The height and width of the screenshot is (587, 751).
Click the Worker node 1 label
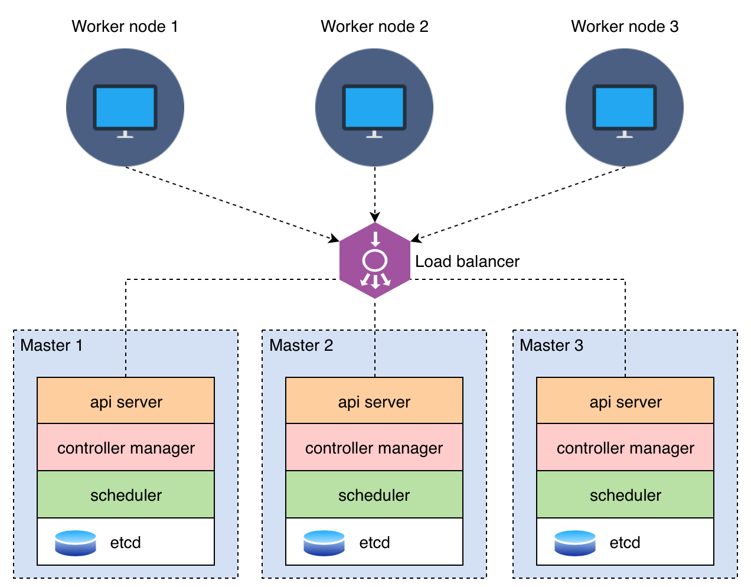point(125,27)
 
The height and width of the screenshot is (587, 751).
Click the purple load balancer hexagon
point(375,260)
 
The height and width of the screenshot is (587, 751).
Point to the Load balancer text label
point(467,262)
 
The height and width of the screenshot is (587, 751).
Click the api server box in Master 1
point(126,401)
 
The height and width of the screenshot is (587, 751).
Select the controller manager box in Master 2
point(374,448)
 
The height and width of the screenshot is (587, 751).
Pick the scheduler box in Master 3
point(625,495)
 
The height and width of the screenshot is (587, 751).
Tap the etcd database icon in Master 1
point(76,543)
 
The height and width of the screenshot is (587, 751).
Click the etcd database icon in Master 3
point(575,543)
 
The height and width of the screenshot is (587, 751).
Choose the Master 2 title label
point(301,345)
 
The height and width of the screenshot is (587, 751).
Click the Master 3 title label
point(551,345)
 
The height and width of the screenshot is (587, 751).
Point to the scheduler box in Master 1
point(126,495)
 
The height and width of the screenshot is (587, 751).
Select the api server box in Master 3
point(625,401)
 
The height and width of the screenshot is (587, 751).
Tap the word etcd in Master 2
point(374,543)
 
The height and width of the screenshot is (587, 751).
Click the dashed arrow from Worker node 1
point(230,204)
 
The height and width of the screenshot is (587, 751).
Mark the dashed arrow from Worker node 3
point(520,204)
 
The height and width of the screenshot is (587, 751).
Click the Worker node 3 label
point(625,27)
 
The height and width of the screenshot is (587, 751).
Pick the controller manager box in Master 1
point(126,448)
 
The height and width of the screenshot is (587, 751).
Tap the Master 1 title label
point(51,345)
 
